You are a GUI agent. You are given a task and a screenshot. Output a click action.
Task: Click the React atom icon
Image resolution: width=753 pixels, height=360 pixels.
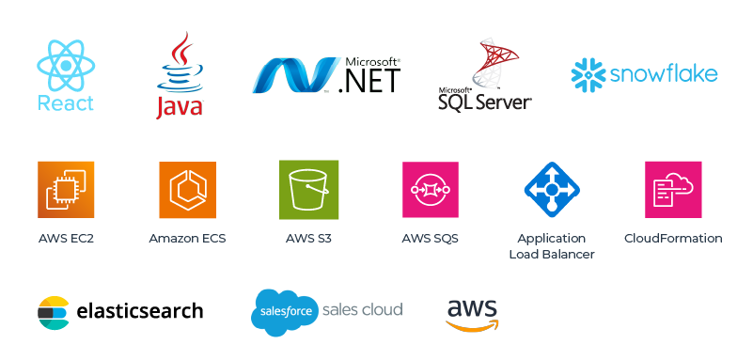66,64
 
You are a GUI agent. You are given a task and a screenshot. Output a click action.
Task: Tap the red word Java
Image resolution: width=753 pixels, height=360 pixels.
179,107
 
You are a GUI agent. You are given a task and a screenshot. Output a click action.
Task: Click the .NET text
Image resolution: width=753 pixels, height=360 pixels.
369,79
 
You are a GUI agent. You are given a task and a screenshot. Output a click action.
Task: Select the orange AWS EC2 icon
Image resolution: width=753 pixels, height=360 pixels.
66,190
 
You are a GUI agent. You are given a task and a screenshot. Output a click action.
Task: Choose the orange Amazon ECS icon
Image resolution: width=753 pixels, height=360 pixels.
187,190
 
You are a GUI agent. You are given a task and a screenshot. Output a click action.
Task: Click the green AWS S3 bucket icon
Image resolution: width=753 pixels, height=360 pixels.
308,190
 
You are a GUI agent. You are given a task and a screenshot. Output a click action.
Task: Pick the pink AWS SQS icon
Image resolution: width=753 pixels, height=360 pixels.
431,190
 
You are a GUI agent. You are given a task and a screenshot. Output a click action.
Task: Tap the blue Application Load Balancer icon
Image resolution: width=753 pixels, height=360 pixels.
552,190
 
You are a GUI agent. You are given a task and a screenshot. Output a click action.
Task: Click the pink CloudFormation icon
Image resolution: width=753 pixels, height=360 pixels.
673,190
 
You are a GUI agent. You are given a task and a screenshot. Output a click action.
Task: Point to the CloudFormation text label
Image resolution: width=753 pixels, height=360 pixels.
673,239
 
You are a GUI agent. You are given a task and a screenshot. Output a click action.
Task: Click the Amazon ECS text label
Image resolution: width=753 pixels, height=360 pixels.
187,239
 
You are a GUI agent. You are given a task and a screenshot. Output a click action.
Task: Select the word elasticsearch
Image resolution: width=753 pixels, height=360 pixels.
139,311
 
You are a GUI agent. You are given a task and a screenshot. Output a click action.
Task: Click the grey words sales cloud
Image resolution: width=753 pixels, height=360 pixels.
362,309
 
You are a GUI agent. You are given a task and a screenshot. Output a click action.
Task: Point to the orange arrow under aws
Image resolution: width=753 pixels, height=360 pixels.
473,325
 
